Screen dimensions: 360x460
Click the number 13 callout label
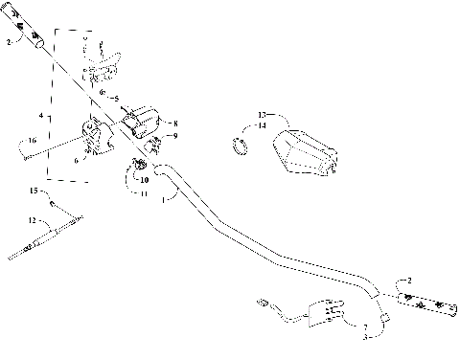236,114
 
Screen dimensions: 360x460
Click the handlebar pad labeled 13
303,154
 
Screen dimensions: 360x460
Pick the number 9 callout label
174,136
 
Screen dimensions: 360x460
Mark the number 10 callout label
145,179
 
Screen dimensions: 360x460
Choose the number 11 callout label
145,193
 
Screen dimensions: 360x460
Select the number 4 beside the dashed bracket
40,116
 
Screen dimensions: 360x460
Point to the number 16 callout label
32,140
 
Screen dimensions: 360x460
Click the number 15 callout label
32,192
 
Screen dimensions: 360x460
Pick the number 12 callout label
32,220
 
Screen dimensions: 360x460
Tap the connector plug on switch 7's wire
261,304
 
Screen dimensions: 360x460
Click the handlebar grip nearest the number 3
426,304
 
